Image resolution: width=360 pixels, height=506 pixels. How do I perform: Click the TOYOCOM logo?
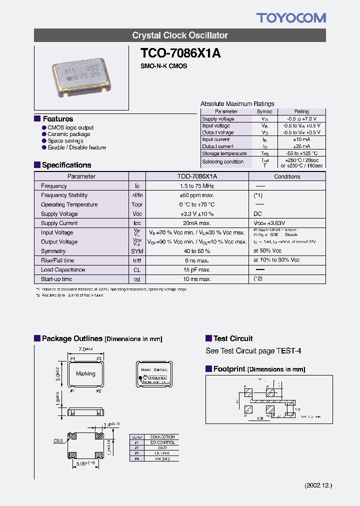(291, 18)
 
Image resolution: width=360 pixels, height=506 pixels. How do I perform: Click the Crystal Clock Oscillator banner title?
(180, 35)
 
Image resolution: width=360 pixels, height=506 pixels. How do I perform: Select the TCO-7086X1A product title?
(180, 53)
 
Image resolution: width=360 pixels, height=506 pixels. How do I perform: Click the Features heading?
(58, 119)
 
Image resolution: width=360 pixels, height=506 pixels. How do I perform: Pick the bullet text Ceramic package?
(69, 134)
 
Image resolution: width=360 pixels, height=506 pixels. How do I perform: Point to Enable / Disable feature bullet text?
(76, 147)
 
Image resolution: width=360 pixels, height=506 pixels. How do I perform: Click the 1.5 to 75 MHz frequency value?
(197, 186)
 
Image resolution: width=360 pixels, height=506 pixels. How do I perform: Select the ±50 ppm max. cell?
(197, 195)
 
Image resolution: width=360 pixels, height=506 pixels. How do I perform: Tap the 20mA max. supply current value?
(197, 223)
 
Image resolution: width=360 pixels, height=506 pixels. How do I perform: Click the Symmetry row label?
(53, 251)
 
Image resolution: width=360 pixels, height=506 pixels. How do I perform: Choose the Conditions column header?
(287, 176)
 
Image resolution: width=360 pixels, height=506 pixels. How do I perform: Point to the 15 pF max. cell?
(197, 269)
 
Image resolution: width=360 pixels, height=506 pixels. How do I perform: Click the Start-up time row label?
(56, 279)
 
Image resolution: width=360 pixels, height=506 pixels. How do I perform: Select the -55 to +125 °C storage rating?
(301, 153)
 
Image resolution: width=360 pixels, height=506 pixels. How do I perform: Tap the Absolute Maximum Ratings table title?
(237, 104)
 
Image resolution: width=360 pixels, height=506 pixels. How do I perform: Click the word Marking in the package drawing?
(85, 373)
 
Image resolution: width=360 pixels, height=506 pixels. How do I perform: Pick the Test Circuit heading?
(233, 338)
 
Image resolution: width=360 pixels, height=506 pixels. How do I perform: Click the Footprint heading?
(229, 369)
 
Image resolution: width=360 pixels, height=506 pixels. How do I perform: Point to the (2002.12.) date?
(318, 485)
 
